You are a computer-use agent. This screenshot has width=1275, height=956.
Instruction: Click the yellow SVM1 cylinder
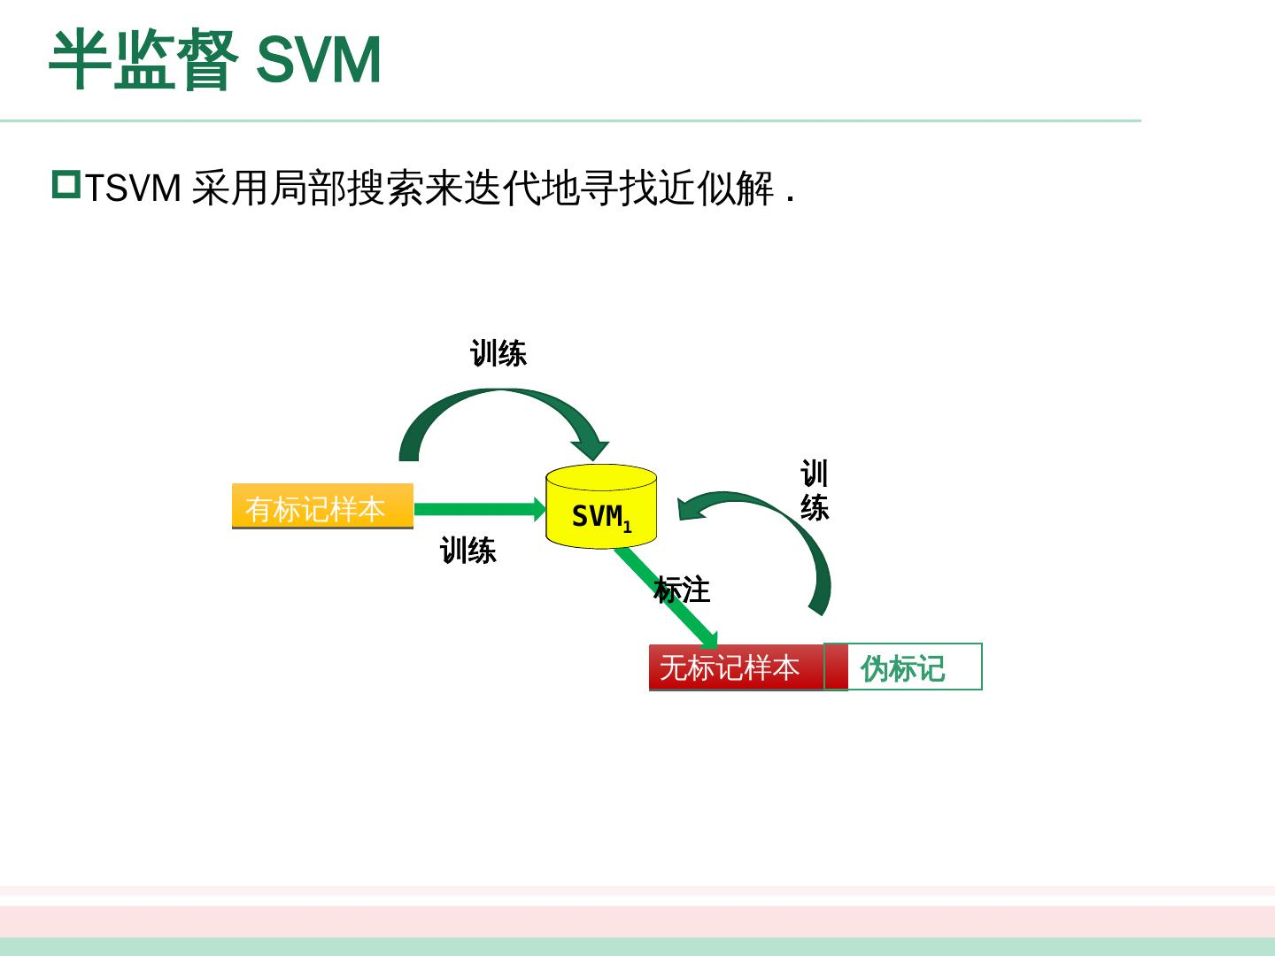(x=600, y=506)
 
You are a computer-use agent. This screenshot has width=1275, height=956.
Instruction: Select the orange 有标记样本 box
(x=322, y=507)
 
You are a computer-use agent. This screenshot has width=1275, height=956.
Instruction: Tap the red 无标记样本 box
(x=735, y=667)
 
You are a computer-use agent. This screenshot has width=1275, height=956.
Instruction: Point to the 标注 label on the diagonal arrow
(x=682, y=590)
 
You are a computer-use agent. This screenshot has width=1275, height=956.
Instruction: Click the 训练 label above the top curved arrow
(x=498, y=354)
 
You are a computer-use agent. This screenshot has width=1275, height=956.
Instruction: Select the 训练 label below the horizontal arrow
(x=468, y=551)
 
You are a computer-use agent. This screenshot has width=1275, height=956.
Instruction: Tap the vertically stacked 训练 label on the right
(x=815, y=490)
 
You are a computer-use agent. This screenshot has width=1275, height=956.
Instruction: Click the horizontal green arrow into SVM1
(x=478, y=509)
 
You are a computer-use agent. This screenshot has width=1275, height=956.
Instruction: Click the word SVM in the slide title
(x=319, y=60)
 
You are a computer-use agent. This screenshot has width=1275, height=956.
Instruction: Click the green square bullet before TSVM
(x=66, y=185)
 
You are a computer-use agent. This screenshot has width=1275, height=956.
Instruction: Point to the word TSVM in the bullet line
(x=133, y=189)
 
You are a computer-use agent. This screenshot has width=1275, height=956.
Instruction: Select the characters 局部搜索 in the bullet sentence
(x=346, y=189)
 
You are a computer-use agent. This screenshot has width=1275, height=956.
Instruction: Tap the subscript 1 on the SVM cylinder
(x=628, y=528)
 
